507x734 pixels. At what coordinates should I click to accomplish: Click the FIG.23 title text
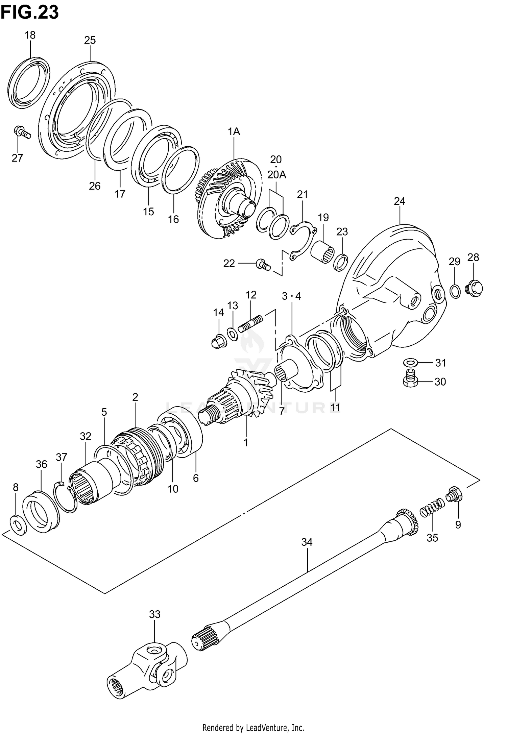(x=30, y=13)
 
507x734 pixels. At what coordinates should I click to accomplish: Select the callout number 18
(x=30, y=35)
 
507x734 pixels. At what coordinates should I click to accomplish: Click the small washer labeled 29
(x=455, y=291)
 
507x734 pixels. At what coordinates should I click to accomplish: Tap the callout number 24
(x=399, y=201)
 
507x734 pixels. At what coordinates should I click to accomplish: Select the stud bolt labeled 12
(x=250, y=323)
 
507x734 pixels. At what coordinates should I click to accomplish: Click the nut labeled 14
(x=218, y=342)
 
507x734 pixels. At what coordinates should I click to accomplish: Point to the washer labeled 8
(x=19, y=525)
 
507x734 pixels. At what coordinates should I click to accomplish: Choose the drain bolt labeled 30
(x=410, y=379)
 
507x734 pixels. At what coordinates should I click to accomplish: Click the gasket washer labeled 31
(x=410, y=363)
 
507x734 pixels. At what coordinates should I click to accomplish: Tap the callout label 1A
(x=234, y=131)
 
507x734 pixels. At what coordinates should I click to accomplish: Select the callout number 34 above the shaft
(x=307, y=542)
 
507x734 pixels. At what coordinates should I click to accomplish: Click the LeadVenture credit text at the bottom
(x=253, y=726)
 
